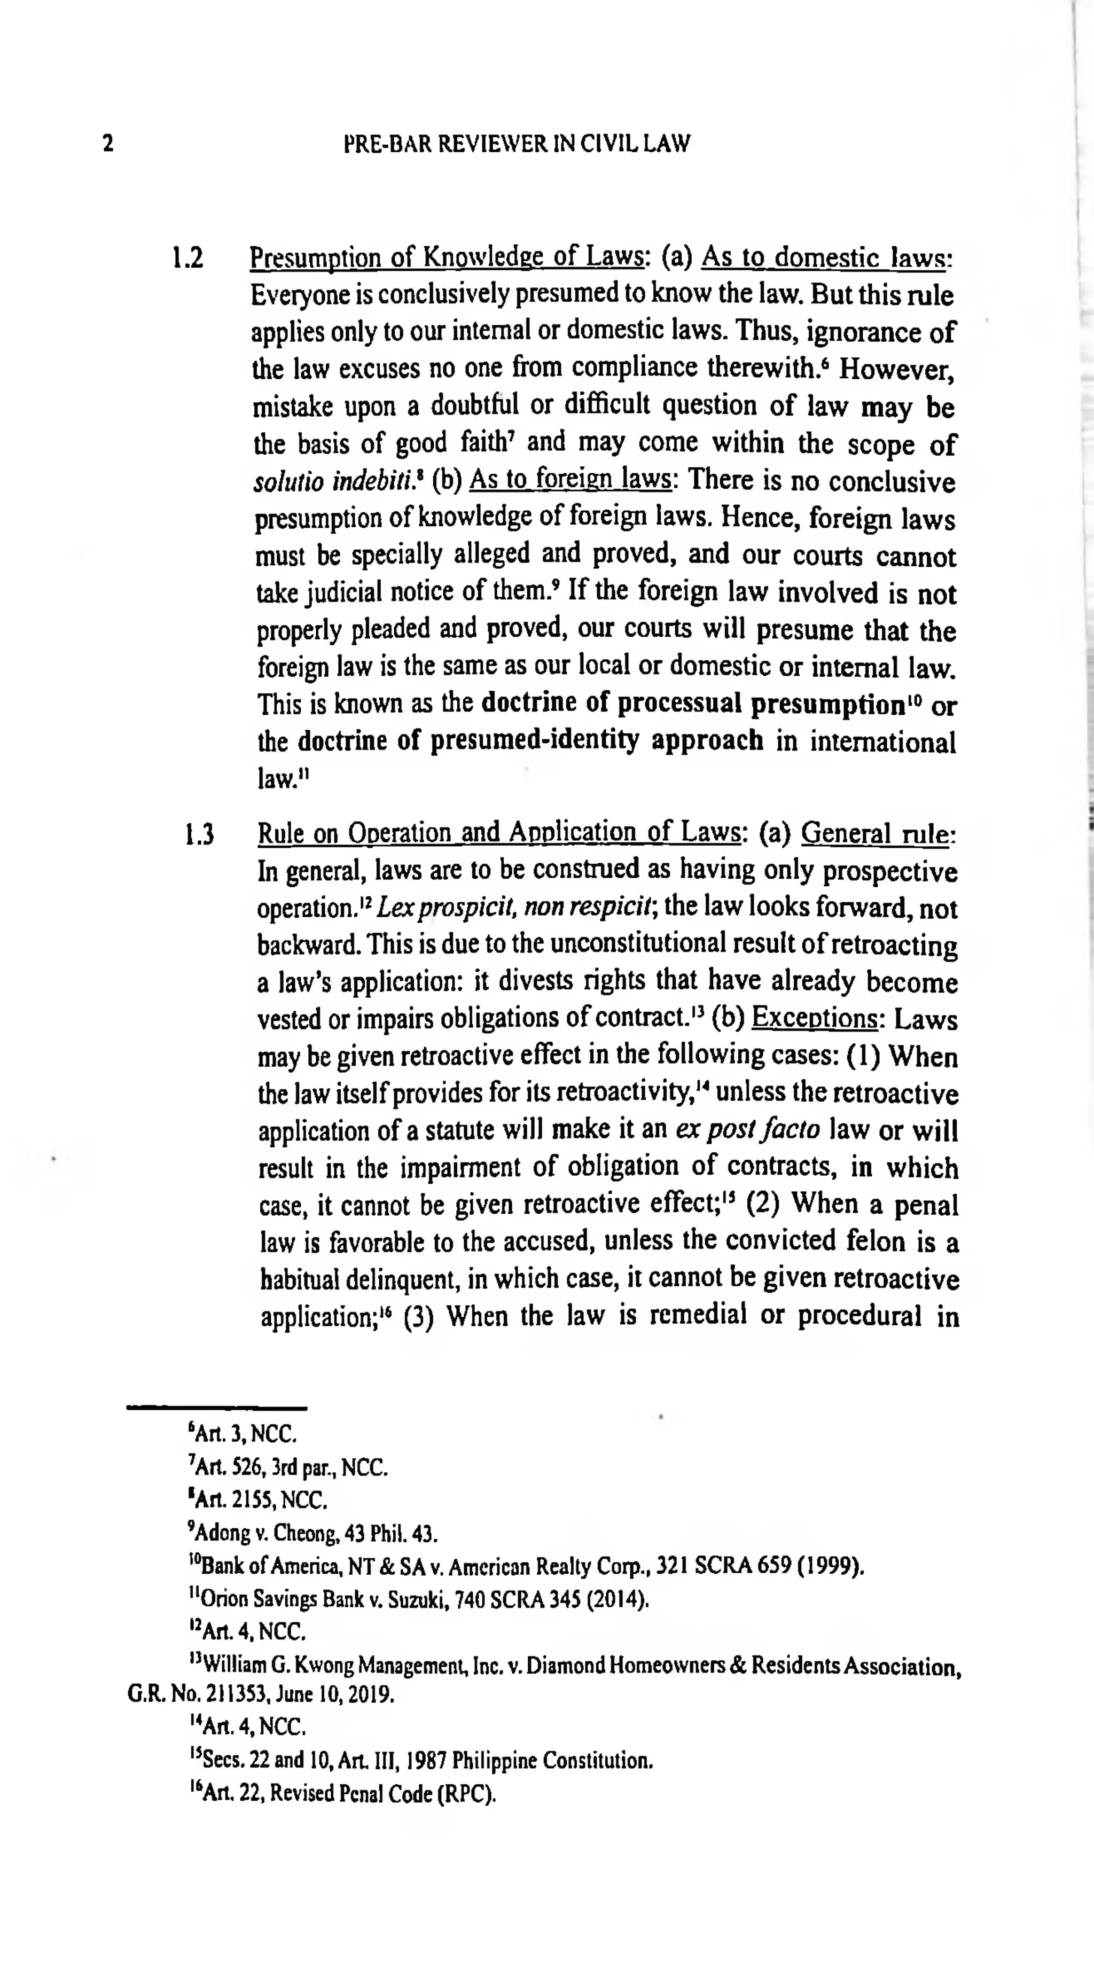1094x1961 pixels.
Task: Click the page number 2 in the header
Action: (x=108, y=143)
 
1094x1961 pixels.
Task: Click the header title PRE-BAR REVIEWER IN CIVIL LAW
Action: (x=517, y=143)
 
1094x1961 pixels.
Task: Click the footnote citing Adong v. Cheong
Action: (x=312, y=1533)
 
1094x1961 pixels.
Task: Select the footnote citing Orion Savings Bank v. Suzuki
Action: (x=419, y=1599)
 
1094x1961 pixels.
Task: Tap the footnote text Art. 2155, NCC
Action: (x=259, y=1499)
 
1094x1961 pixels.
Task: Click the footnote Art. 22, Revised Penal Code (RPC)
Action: (x=342, y=1794)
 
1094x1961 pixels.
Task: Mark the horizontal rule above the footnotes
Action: (x=216, y=1408)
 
